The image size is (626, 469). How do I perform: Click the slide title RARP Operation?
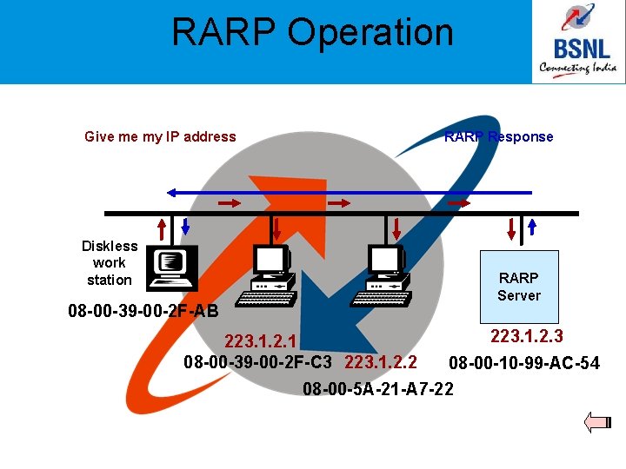(312, 33)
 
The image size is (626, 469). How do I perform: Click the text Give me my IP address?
(160, 136)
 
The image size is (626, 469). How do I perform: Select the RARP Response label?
(498, 136)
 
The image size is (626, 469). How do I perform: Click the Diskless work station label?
(109, 262)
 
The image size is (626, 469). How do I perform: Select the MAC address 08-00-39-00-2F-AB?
(143, 310)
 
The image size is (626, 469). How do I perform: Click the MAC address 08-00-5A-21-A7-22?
(378, 388)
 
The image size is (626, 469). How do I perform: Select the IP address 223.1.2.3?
(527, 337)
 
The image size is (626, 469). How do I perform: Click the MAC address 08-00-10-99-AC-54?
(523, 363)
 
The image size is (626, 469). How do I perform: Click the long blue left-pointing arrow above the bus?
(348, 192)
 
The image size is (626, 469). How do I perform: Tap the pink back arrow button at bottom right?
(599, 423)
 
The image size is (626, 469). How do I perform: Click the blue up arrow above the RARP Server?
(532, 228)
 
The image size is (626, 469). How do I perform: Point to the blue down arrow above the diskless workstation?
(185, 228)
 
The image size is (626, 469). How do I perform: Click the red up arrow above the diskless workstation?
(162, 228)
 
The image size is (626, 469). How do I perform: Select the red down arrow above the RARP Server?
(511, 228)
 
